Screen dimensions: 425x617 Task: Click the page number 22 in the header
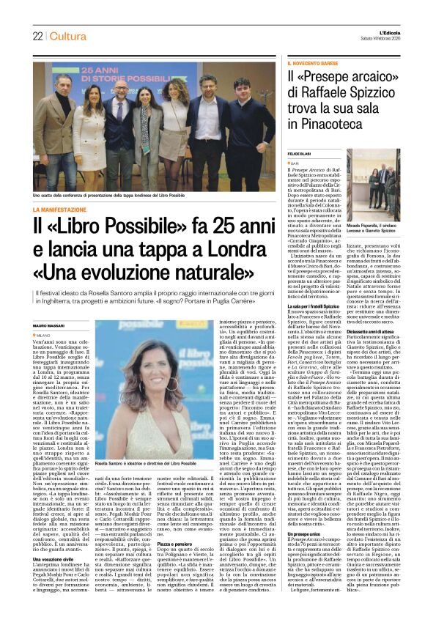click(37, 36)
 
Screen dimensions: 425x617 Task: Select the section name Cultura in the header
click(68, 36)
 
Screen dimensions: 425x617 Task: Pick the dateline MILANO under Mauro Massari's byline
click(47, 335)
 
